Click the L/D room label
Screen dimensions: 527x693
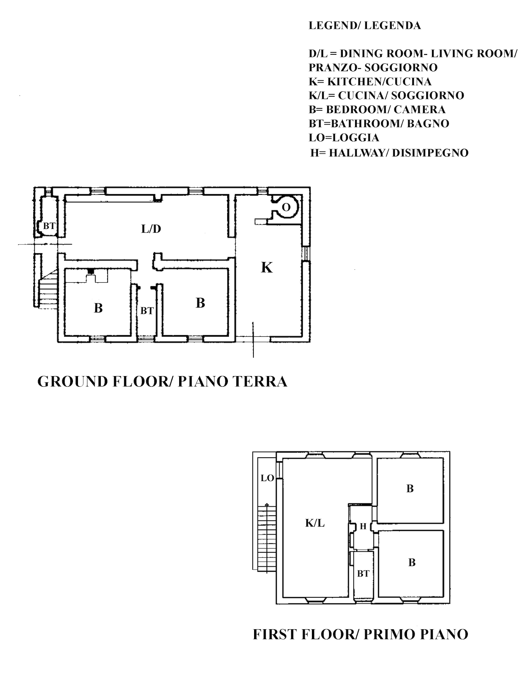click(x=151, y=229)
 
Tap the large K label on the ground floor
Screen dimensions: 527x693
click(x=267, y=268)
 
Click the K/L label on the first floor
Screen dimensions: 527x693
click(x=315, y=523)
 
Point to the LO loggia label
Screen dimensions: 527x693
click(x=268, y=478)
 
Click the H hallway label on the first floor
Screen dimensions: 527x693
click(x=363, y=526)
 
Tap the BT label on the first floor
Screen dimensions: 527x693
click(x=363, y=573)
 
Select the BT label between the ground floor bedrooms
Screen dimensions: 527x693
click(x=147, y=311)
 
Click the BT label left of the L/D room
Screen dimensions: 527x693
click(x=49, y=226)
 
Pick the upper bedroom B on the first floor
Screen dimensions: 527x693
click(x=410, y=489)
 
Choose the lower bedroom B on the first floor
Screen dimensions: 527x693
click(x=412, y=562)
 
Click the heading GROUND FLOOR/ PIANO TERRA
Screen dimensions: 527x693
click(x=162, y=382)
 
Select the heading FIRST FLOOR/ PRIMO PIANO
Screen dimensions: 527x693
click(x=360, y=634)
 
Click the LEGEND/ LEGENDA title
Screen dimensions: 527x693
click(x=365, y=26)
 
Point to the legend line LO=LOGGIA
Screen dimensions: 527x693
click(x=344, y=138)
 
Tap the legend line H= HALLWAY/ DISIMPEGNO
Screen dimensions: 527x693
click(x=389, y=153)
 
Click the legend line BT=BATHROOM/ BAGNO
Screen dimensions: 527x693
click(x=379, y=124)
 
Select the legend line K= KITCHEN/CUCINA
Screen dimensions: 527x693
click(x=370, y=82)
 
